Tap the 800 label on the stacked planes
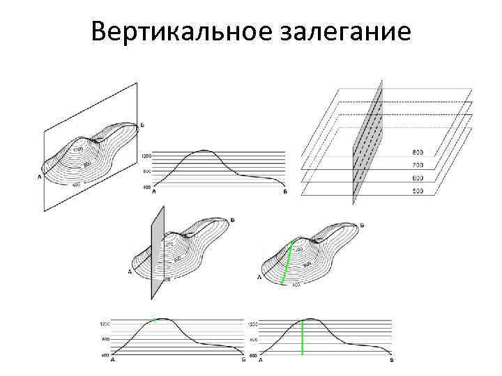(x=417, y=152)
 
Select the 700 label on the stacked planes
(x=417, y=165)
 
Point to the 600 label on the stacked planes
(x=417, y=178)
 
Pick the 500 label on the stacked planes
(x=417, y=190)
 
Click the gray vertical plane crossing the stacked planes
(x=367, y=143)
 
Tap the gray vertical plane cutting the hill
(x=157, y=252)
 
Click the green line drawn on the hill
(x=287, y=262)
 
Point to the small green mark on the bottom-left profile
(x=155, y=319)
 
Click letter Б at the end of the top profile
(x=285, y=191)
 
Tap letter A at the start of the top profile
(x=153, y=191)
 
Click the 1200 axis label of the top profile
(x=146, y=156)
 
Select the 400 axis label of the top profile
(x=146, y=187)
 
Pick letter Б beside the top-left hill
(x=143, y=125)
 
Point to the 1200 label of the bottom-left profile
(x=105, y=324)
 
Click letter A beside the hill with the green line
(x=259, y=277)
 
